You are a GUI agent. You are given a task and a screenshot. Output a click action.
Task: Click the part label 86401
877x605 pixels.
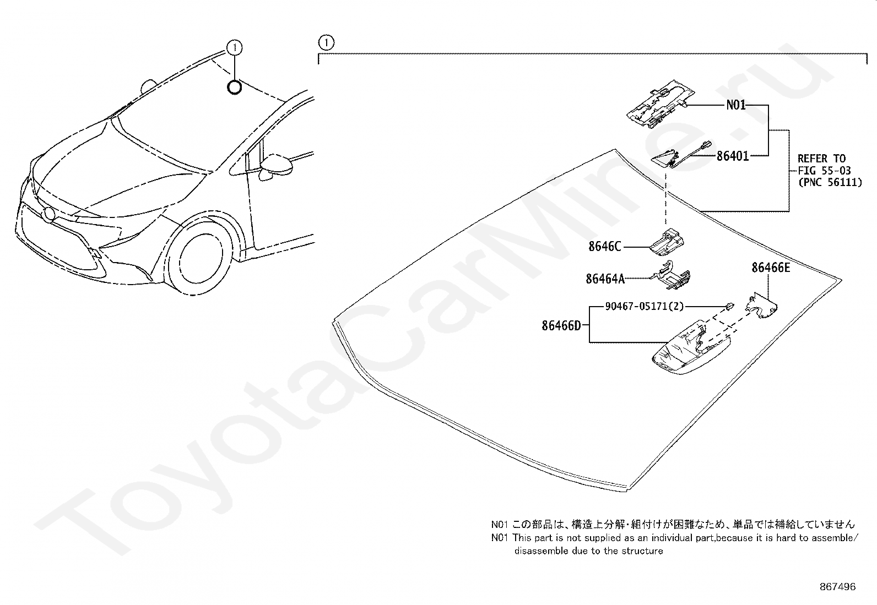click(x=733, y=156)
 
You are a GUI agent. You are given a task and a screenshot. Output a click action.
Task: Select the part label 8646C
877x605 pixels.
click(x=604, y=246)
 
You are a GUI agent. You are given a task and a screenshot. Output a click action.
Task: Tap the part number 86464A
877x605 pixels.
click(x=605, y=279)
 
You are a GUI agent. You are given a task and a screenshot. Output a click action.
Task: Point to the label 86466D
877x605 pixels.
click(x=561, y=325)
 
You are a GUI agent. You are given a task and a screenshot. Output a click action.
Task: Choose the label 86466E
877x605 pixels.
click(x=771, y=268)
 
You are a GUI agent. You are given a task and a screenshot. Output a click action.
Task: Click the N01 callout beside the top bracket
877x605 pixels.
click(x=735, y=105)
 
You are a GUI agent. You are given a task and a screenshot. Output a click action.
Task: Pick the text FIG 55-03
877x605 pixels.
click(x=824, y=171)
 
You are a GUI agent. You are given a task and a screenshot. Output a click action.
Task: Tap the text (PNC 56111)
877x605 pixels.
click(x=830, y=182)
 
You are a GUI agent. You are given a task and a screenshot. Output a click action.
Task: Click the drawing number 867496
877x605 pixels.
click(x=837, y=587)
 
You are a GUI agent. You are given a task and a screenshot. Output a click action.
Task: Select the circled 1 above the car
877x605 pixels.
click(x=235, y=48)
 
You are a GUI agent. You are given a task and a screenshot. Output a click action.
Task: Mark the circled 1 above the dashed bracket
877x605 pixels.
click(x=326, y=42)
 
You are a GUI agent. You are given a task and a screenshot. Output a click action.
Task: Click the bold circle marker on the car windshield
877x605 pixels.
click(x=235, y=87)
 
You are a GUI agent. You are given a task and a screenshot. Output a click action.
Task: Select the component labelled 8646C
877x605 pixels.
click(x=667, y=242)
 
